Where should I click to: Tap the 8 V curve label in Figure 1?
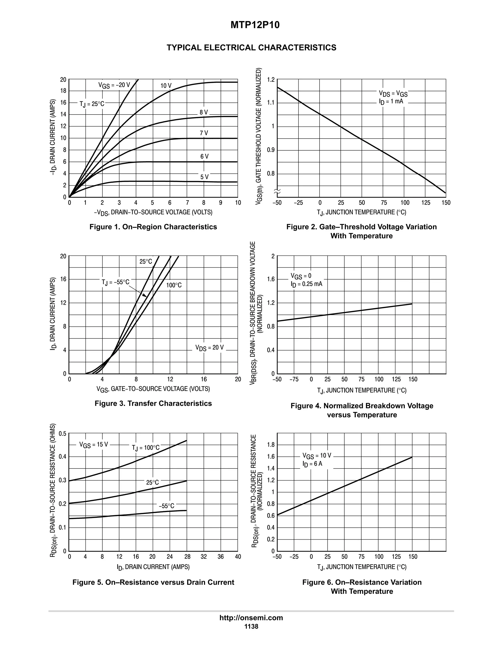[x=204, y=113]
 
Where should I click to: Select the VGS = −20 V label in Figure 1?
[x=114, y=85]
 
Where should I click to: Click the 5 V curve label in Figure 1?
[x=204, y=177]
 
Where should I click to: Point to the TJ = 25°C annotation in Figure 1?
[x=92, y=104]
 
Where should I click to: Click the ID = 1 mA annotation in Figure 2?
[x=391, y=102]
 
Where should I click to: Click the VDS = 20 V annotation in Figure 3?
[x=209, y=348]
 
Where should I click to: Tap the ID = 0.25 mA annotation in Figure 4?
[x=306, y=284]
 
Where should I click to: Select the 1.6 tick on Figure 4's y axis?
[x=271, y=279]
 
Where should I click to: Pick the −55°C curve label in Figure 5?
[x=166, y=506]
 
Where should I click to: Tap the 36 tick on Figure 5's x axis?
[x=221, y=557]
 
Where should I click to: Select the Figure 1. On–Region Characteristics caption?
[x=153, y=227]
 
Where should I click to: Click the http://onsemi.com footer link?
[x=251, y=618]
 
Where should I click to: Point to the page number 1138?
[x=251, y=626]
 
